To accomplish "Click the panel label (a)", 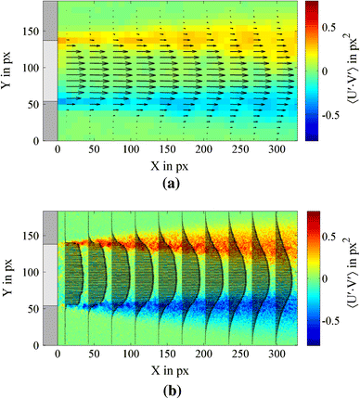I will click(180, 183).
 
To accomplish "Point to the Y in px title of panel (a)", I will click(11, 71).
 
